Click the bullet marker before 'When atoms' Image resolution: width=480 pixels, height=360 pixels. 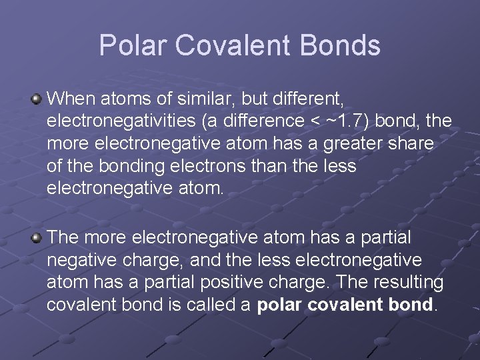coord(37,100)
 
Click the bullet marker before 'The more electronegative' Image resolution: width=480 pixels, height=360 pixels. coord(37,238)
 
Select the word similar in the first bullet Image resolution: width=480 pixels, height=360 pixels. coord(197,100)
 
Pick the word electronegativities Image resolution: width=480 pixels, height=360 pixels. coord(129,122)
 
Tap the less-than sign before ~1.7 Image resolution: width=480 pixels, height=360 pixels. coord(322,122)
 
